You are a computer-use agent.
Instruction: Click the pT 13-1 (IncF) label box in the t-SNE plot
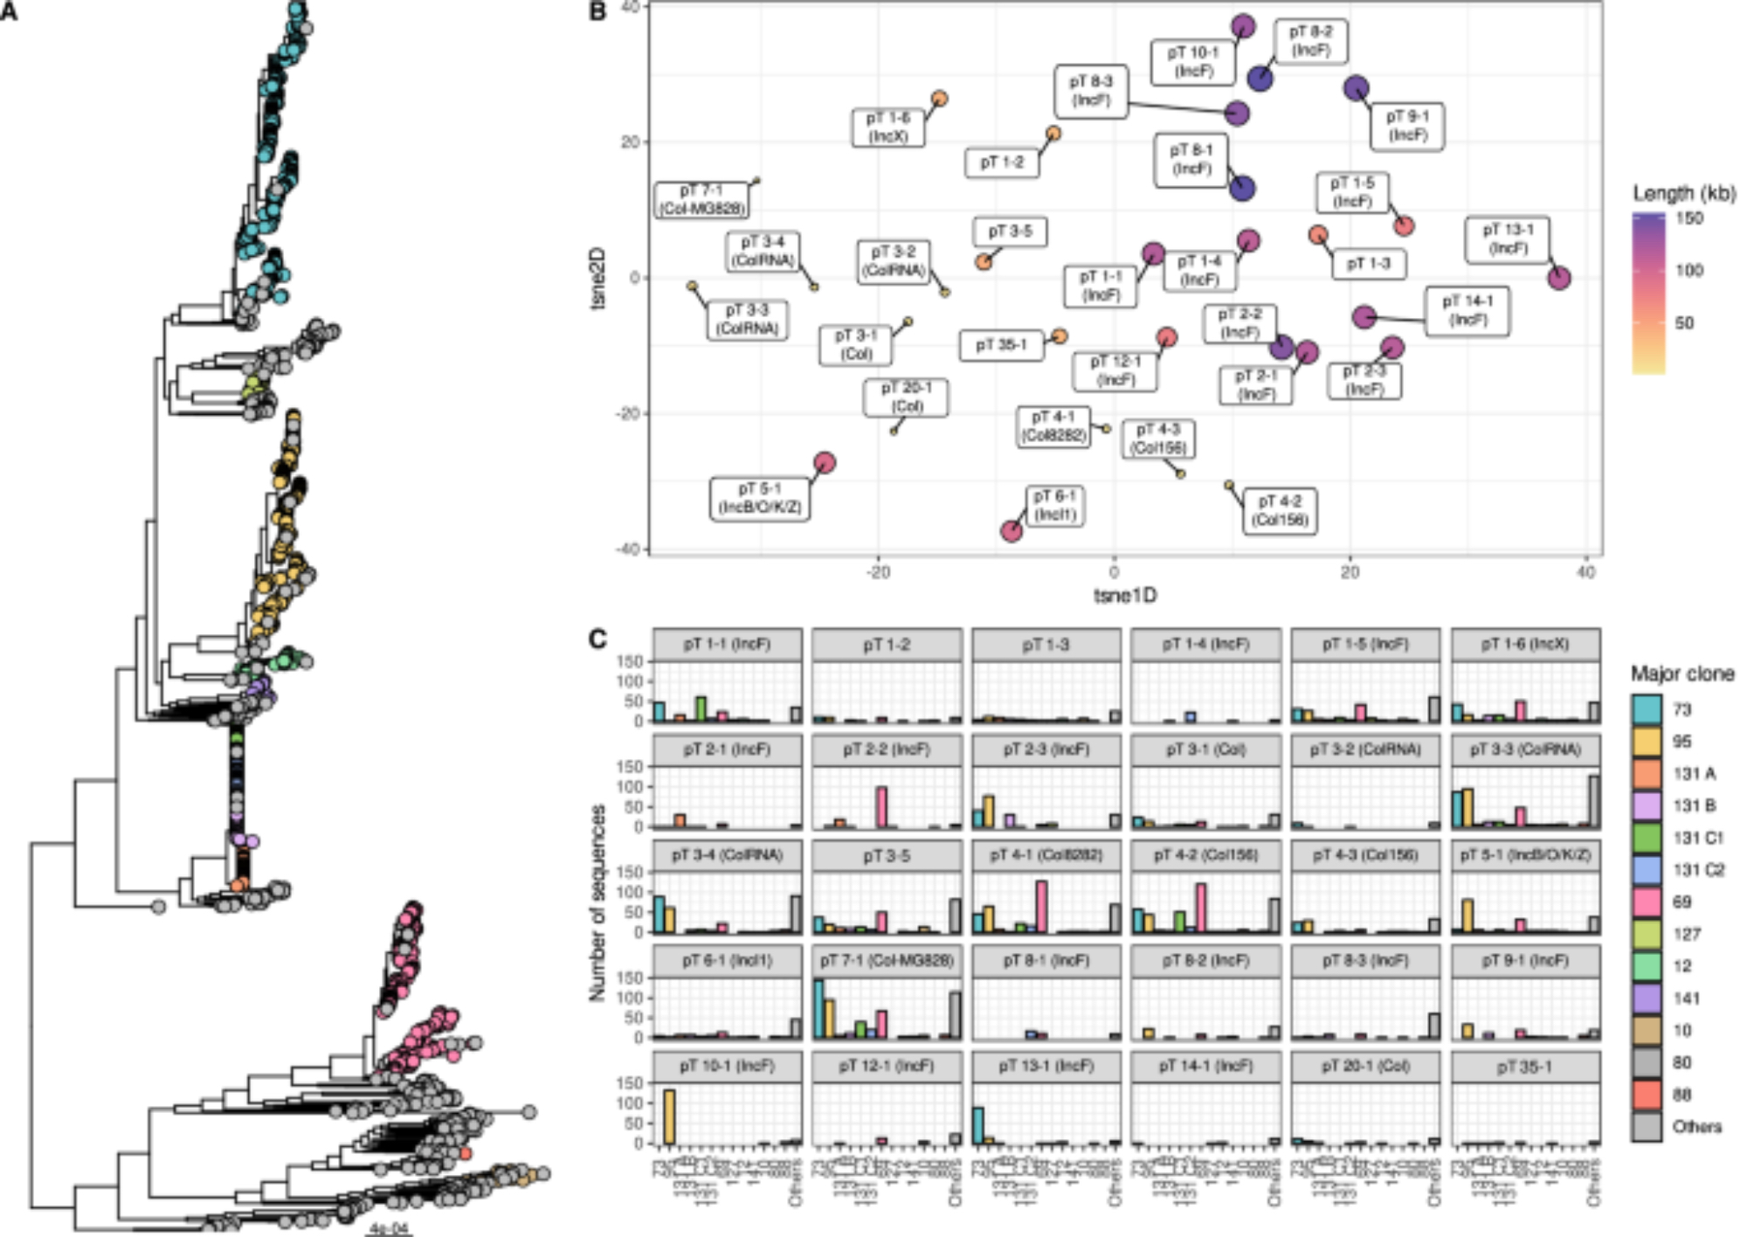coord(1509,239)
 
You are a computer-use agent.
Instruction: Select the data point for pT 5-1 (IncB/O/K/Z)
coord(824,462)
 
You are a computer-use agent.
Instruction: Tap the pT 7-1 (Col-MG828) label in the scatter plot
coord(701,199)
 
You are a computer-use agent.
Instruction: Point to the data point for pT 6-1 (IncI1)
coord(1012,530)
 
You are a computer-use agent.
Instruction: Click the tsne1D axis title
coord(1125,596)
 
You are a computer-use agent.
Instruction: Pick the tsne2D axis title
coord(600,278)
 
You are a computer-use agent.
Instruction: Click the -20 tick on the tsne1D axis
coord(878,572)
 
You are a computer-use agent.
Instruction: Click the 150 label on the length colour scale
coord(1688,218)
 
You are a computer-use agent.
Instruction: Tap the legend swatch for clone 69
coord(1647,902)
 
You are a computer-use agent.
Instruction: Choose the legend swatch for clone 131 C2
coord(1647,869)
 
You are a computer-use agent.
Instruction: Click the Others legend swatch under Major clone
coord(1647,1126)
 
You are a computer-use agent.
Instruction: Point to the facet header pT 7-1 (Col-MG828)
coord(887,961)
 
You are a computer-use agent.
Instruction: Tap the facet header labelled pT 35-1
coord(1525,1067)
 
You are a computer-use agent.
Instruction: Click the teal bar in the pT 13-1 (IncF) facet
coord(978,1125)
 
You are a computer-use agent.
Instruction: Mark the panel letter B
coord(598,12)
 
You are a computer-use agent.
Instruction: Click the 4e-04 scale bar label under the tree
coord(389,1228)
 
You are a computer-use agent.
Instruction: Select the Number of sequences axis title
coord(597,902)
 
